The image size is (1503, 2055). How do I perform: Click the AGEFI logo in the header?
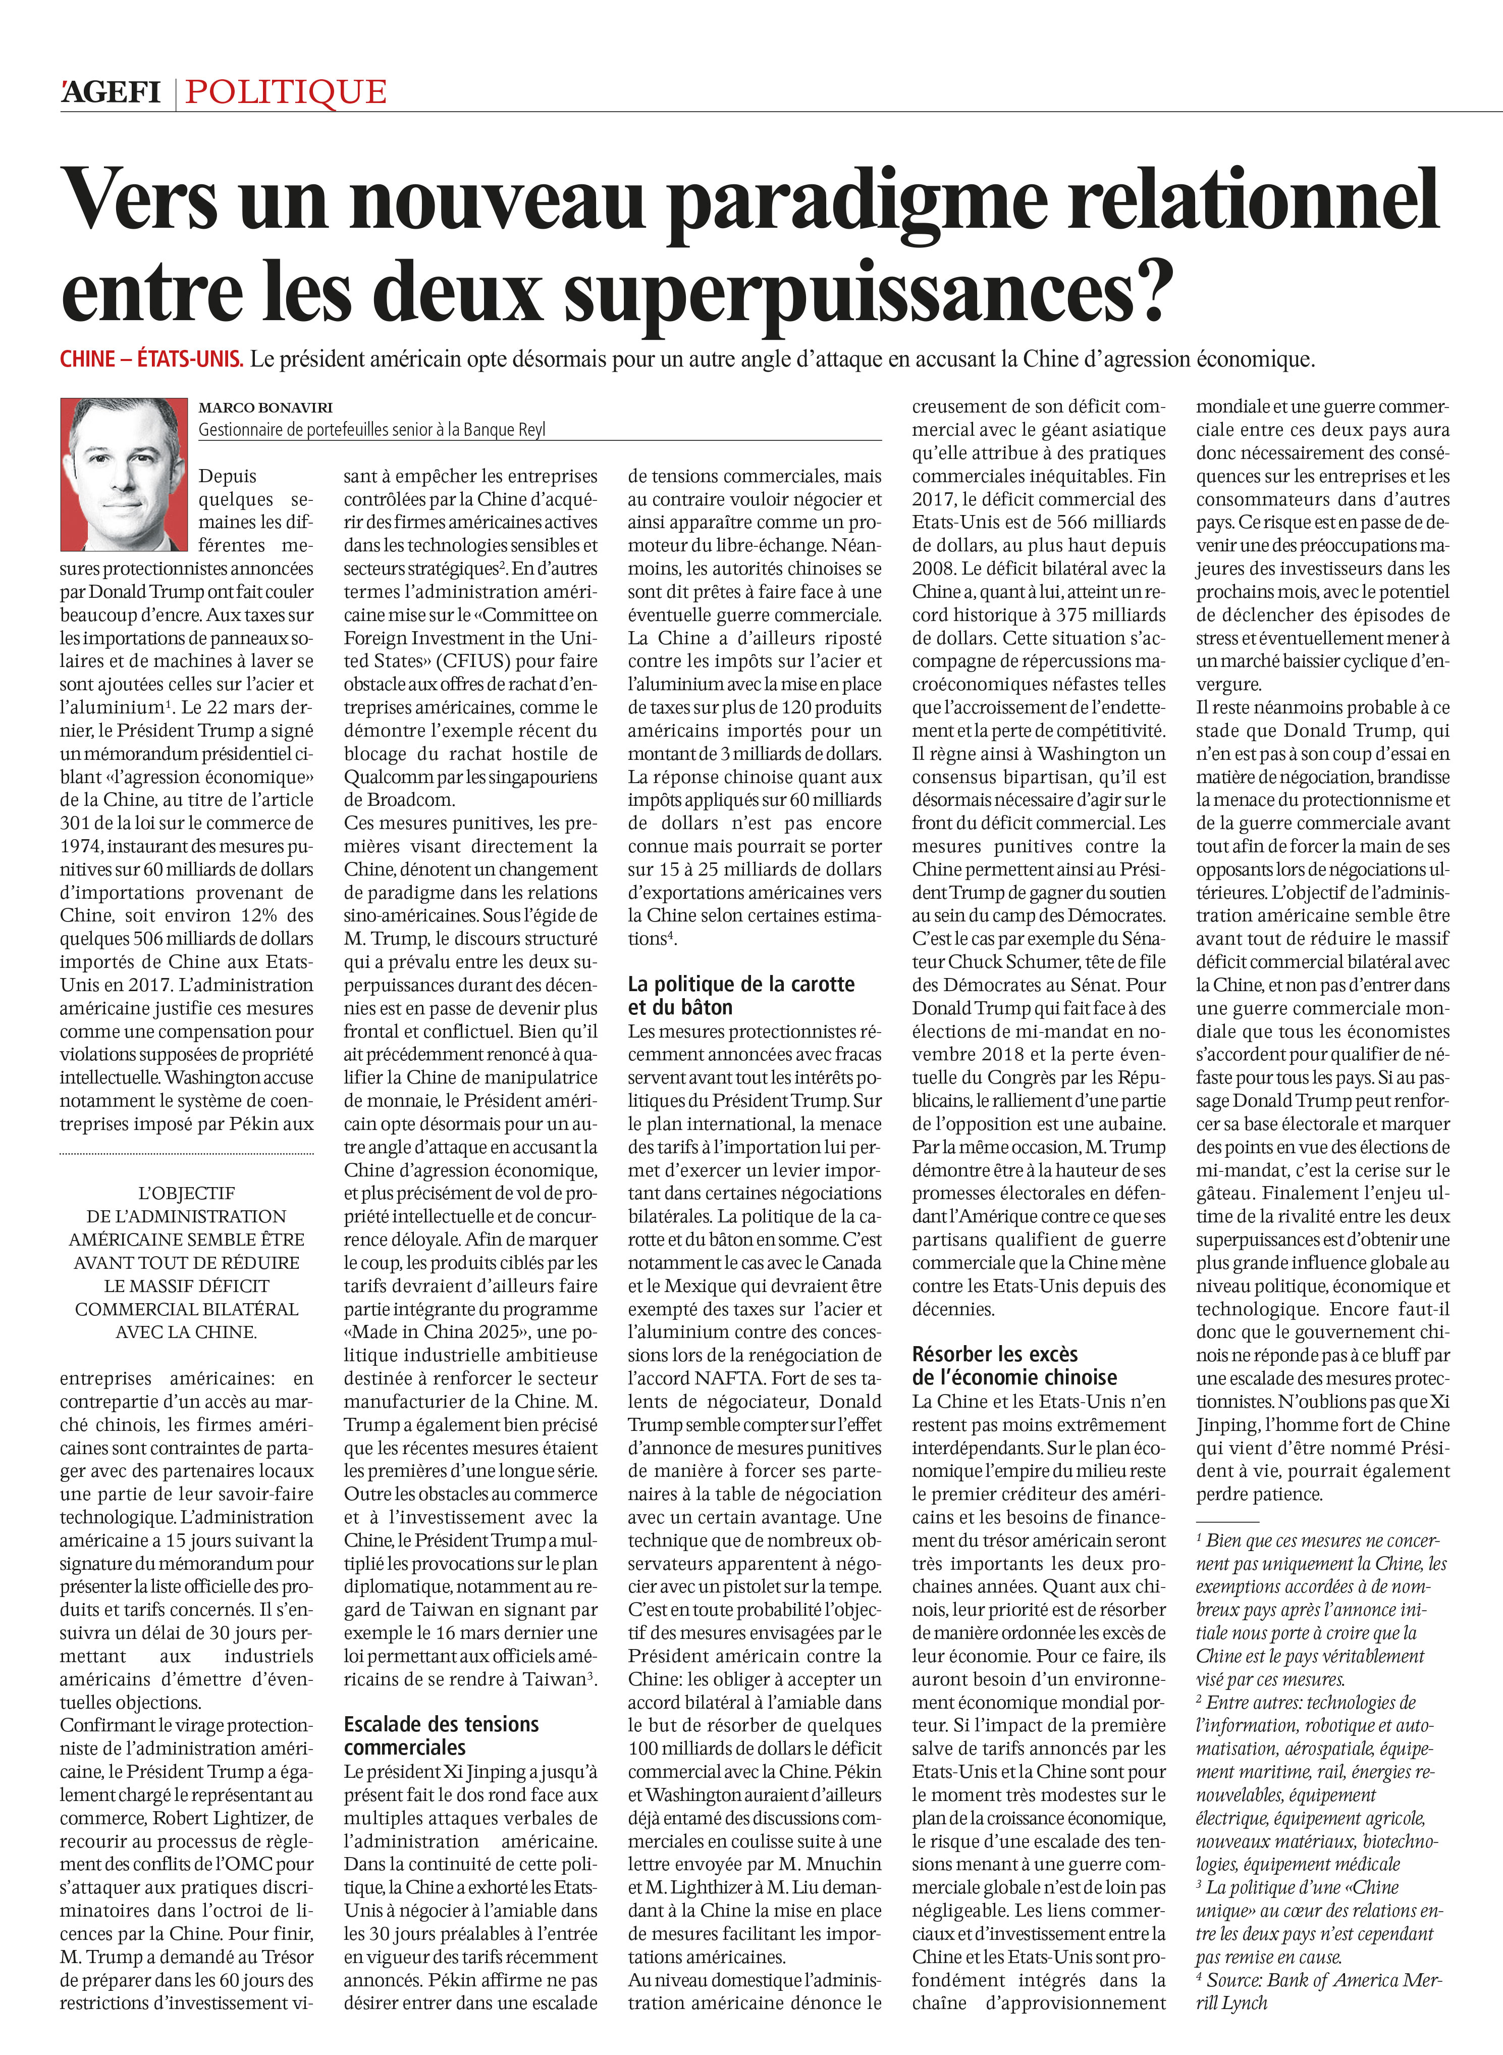point(111,92)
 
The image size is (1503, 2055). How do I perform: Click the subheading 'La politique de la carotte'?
point(740,984)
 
